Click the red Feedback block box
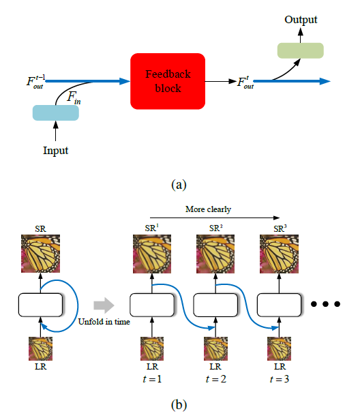coord(168,81)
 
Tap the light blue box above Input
coord(55,112)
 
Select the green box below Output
coord(300,50)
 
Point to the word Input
coord(55,151)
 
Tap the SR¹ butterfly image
coord(151,254)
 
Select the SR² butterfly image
coord(215,254)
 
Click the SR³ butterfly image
coord(280,254)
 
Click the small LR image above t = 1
coord(151,348)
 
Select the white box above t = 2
coord(215,305)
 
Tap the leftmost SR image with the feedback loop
coord(40,254)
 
